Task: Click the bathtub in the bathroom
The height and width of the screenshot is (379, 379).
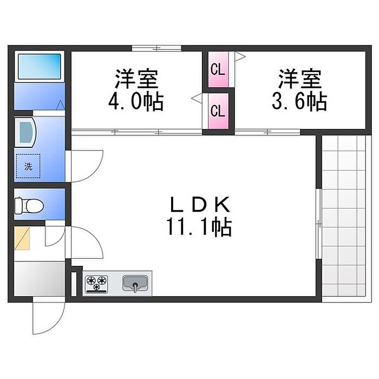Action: tap(40, 67)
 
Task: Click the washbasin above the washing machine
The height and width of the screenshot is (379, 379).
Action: tap(25, 132)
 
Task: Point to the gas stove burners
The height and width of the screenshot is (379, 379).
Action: tap(96, 283)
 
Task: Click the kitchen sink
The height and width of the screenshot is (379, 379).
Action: tap(135, 282)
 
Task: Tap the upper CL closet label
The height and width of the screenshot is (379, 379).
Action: tap(218, 69)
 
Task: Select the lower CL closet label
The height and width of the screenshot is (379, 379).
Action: tap(218, 112)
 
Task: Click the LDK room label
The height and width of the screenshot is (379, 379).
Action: tap(201, 205)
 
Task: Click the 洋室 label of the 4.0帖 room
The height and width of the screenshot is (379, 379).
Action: tap(136, 80)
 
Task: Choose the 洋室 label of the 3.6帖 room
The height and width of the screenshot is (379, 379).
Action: tap(300, 80)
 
